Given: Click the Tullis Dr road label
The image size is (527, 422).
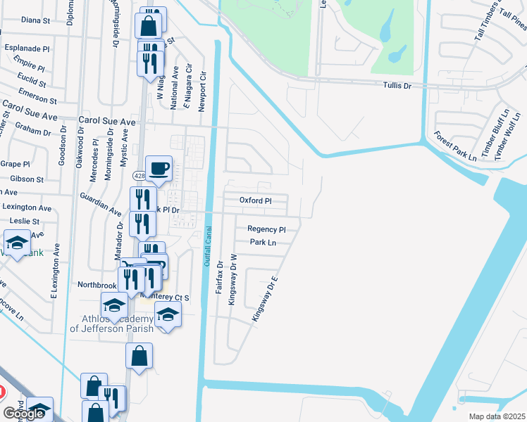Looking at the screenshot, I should point(397,85).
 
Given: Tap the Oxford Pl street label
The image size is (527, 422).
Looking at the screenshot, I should point(255,200).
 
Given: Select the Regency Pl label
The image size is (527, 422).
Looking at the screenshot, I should point(266,229).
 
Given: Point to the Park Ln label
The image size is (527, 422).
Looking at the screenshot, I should point(263,243).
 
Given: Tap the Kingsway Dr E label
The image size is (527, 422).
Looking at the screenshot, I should point(266,300).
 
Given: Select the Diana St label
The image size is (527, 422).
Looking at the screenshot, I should point(35,20).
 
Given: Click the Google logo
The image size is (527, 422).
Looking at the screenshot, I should point(23,414).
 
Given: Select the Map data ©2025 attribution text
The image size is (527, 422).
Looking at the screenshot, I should point(497,416).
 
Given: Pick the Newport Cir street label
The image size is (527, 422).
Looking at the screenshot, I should point(202,85).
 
